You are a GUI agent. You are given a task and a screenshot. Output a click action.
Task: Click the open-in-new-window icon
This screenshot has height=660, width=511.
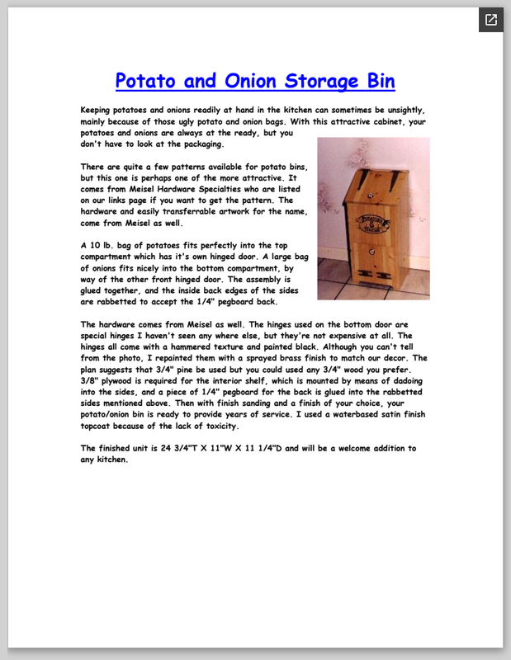490,20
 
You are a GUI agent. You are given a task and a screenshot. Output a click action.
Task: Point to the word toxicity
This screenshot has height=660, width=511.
214,427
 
